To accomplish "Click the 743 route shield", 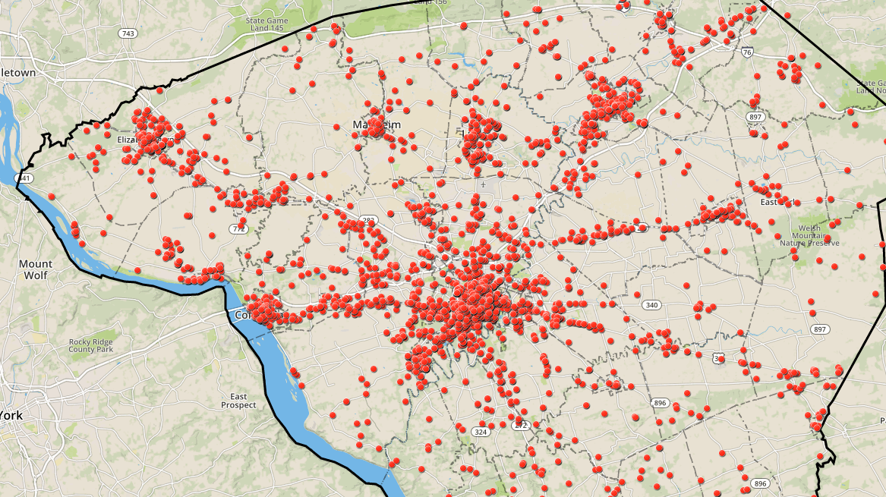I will click(128, 33).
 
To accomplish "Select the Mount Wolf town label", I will click(36, 269).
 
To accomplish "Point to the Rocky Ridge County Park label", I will click(90, 345).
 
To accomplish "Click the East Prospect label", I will click(238, 401).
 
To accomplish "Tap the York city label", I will click(11, 416).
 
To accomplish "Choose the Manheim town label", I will click(376, 124).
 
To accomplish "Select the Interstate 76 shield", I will click(748, 52).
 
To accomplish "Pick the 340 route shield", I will click(650, 305).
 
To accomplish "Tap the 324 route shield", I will click(480, 432).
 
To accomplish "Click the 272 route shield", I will click(520, 426).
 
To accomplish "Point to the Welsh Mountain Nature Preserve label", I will click(809, 235).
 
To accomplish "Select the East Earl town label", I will click(776, 202).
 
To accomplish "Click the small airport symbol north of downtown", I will click(483, 184).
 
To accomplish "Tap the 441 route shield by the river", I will click(25, 178).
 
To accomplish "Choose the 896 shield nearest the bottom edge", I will click(761, 483).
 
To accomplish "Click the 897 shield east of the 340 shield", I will click(819, 329).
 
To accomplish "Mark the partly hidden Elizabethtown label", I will click(126, 140).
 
